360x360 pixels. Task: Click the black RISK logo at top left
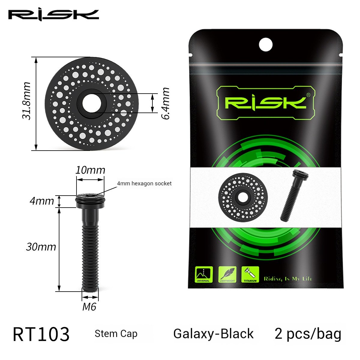coord(53,15)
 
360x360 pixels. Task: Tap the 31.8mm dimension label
coord(27,100)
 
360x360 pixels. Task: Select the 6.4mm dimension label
coord(165,103)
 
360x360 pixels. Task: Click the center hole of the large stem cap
coord(89,103)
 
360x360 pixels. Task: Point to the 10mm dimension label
coord(90,170)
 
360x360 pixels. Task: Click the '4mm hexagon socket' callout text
coord(144,183)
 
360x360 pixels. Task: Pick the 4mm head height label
coord(42,201)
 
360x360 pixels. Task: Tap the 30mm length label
coord(41,247)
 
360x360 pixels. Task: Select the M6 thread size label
coord(89,307)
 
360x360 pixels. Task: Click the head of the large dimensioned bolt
coord(90,200)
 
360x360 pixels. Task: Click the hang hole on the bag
coord(265,45)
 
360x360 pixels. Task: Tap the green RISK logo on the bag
coord(265,103)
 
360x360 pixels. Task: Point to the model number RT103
coord(41,334)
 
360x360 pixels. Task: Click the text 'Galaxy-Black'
coord(213,334)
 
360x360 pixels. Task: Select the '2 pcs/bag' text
coord(308,334)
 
